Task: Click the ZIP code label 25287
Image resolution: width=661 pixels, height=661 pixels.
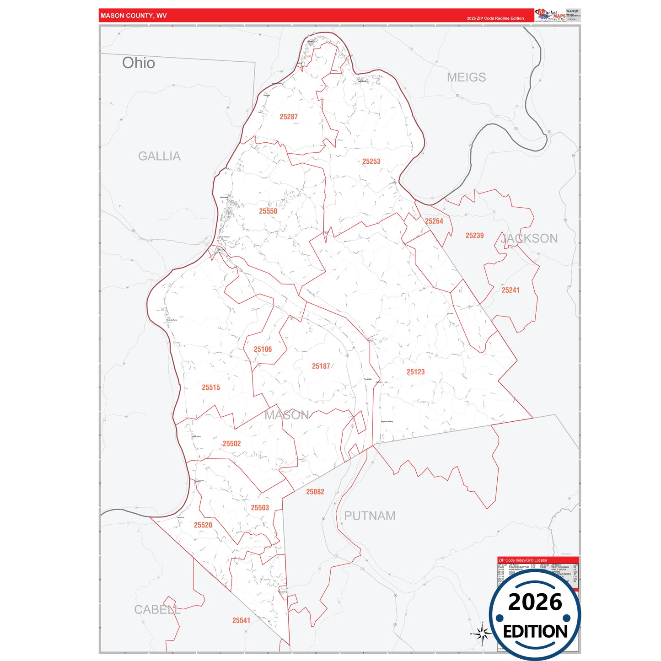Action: coord(289,117)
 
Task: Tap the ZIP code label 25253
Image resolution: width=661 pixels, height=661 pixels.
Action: coord(371,161)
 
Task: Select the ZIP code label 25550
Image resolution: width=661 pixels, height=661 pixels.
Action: coord(268,211)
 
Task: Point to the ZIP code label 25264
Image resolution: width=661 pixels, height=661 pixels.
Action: coord(434,221)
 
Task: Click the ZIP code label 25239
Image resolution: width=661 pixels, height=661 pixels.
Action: coord(474,236)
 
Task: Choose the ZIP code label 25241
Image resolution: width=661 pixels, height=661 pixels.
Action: coord(511,290)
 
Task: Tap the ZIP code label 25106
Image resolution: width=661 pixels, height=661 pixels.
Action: coord(263,349)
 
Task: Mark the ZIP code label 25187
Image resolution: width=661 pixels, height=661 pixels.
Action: coord(321,366)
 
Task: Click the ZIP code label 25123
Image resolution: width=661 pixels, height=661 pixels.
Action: coord(415,372)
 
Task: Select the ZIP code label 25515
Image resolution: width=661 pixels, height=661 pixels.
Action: coord(211,387)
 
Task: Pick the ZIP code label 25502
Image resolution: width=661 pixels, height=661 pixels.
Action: coord(231,444)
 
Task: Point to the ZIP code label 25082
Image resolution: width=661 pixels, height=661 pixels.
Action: coord(315,492)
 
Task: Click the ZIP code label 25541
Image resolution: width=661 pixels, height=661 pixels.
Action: coord(241,621)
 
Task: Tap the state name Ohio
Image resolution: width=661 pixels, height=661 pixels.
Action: coord(139,63)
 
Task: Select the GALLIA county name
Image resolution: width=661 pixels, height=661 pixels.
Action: coord(159,156)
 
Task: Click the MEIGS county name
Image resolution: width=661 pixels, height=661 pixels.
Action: coord(466,77)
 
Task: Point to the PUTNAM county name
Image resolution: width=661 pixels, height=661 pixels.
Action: coord(370,516)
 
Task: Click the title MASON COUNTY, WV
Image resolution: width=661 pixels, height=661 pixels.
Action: coord(134,16)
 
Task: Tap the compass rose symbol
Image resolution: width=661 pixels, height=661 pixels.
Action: coord(482,634)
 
